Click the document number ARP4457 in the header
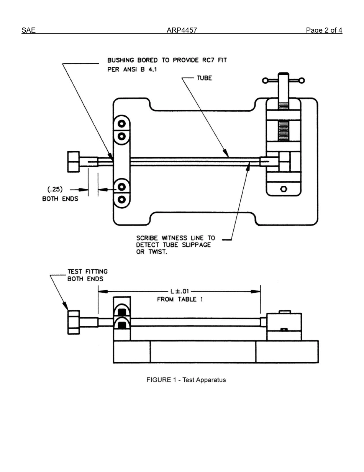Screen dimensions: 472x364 [182, 30]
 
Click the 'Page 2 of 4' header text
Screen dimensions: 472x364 [324, 30]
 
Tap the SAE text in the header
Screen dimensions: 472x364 [28, 30]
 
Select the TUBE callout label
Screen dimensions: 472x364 [204, 78]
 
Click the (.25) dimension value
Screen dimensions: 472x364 [55, 189]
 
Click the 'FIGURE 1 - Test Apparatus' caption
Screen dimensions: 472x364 [186, 380]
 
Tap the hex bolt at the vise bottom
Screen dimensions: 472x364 [283, 189]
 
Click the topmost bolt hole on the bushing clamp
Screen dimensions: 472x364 [122, 124]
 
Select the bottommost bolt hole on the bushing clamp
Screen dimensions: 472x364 [122, 200]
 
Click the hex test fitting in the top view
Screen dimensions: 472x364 [74, 162]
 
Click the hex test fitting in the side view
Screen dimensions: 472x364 [74, 322]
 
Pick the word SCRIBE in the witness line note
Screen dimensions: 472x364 [148, 238]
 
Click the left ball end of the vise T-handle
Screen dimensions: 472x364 [265, 81]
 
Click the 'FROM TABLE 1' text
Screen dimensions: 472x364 [180, 299]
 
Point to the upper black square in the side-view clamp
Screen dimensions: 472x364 [122, 311]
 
